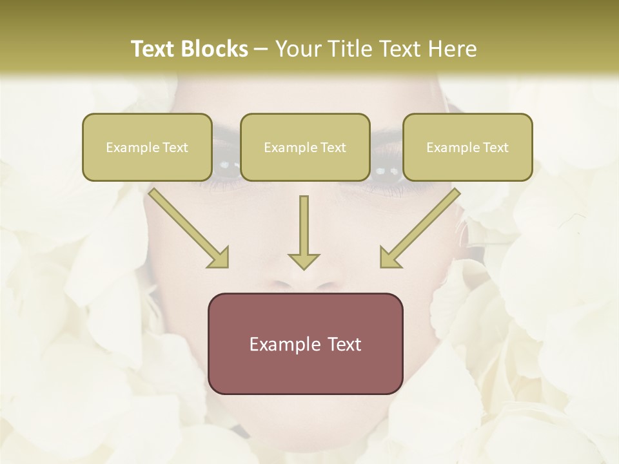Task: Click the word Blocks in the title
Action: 215,49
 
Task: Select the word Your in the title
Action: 296,49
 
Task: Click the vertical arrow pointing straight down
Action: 304,226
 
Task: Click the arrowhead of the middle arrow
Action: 304,260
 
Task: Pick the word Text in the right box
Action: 495,148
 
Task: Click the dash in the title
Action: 261,50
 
